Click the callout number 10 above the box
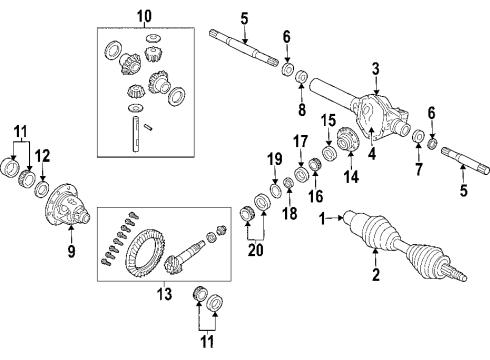coord(144,16)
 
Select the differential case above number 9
coord(69,208)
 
